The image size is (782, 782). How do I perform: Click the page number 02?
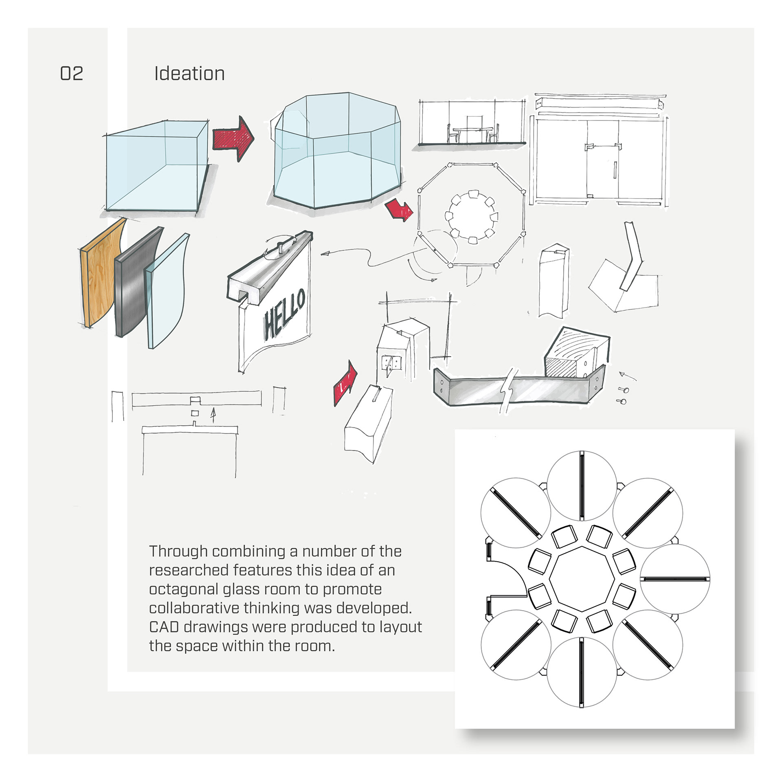[72, 74]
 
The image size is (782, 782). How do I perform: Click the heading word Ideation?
[189, 74]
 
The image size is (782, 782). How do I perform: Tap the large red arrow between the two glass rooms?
[233, 138]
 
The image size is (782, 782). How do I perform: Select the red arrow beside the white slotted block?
[345, 383]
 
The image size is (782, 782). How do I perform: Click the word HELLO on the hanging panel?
[284, 314]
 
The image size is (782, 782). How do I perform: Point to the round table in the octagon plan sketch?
[471, 217]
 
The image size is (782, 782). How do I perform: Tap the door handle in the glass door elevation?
[615, 170]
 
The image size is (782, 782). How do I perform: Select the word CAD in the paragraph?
[164, 627]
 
